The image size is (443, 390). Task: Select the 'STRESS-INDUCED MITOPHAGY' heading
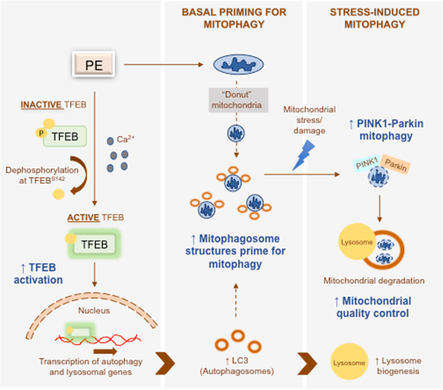[x=374, y=18]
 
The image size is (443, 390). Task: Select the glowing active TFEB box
[x=94, y=244]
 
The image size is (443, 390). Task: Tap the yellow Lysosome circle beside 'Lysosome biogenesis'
[x=348, y=363]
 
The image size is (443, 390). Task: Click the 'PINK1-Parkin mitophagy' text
[x=374, y=129]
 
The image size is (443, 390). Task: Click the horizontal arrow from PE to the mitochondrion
[x=164, y=65]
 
